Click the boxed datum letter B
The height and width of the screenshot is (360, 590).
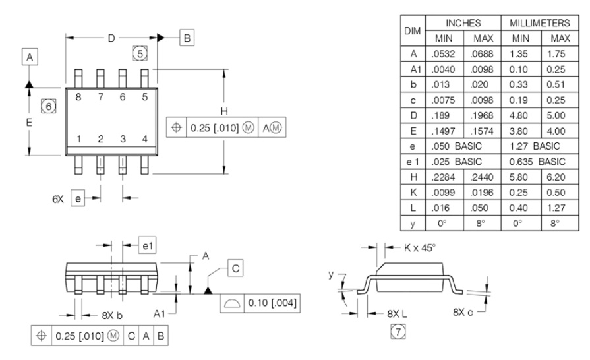click(188, 38)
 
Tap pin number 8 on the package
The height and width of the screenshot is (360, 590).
click(79, 97)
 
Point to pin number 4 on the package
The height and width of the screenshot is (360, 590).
click(144, 139)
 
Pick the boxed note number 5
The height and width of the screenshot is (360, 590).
click(139, 52)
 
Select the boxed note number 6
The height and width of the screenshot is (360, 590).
click(46, 104)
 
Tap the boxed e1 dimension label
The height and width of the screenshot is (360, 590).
click(146, 245)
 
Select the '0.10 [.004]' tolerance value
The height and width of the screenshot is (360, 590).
click(272, 303)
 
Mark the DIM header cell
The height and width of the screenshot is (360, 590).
click(413, 31)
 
